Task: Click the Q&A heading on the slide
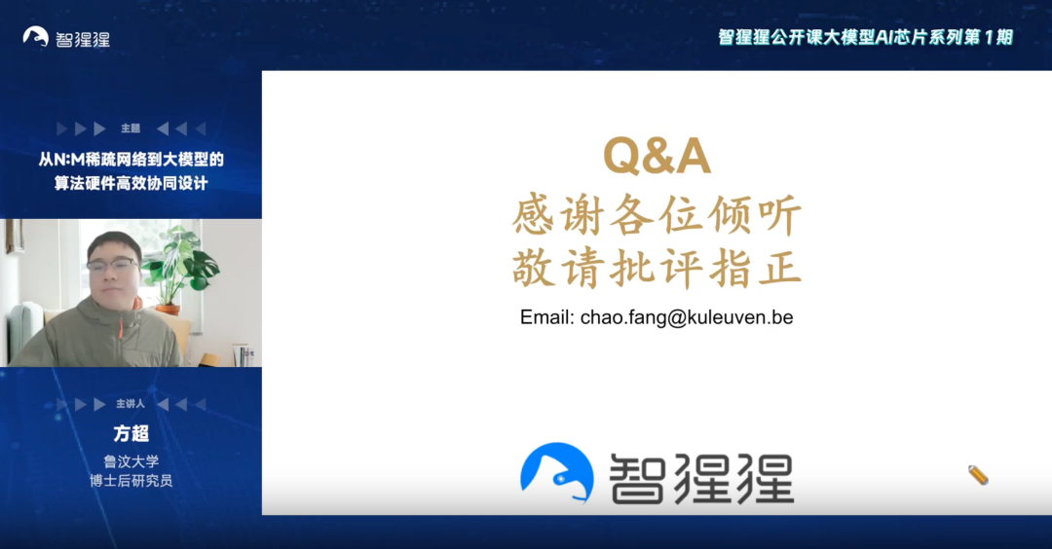click(x=657, y=157)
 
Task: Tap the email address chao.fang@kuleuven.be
click(x=687, y=317)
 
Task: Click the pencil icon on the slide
click(x=978, y=475)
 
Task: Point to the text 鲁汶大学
click(x=131, y=461)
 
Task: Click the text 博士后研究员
click(x=131, y=481)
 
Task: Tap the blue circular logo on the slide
click(x=556, y=474)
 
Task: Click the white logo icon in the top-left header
click(x=36, y=37)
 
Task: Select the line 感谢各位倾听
click(x=657, y=216)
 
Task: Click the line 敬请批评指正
click(x=657, y=268)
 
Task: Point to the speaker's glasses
click(x=112, y=263)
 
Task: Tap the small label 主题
click(x=131, y=128)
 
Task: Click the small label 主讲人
click(x=131, y=404)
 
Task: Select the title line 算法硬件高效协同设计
click(x=131, y=183)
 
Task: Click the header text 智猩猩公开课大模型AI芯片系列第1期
click(x=865, y=37)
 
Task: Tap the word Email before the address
click(x=546, y=317)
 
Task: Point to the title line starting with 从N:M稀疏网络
click(x=131, y=160)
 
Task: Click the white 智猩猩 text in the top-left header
click(x=82, y=39)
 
